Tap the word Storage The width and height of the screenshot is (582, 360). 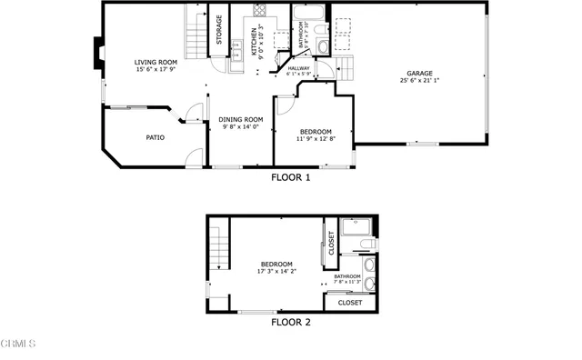coord(219,30)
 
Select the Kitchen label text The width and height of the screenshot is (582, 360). coord(242,41)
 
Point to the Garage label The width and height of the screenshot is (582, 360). coord(419,74)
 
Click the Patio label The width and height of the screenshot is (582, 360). coord(156,138)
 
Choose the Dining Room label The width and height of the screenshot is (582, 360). coord(241,119)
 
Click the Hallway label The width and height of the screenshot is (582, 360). coord(298,68)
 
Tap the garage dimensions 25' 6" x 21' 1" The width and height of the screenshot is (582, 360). coord(419,82)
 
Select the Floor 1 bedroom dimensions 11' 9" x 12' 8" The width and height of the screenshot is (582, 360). coord(315,139)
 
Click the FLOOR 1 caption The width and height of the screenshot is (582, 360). coord(291,178)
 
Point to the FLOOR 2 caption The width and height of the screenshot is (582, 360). coord(291,322)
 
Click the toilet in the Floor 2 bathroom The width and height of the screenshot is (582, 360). coord(365,244)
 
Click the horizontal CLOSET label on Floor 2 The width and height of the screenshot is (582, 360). coord(349,303)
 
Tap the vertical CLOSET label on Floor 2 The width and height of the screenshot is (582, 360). coord(331,243)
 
